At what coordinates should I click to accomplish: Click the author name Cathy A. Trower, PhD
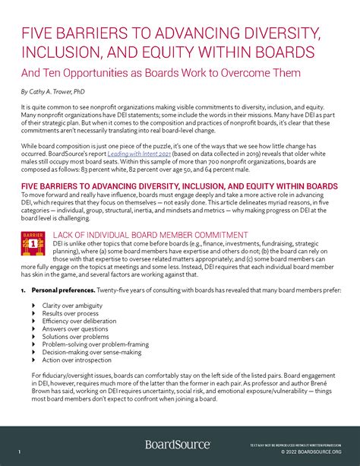click(x=54, y=91)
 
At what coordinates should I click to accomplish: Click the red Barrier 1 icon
click(x=33, y=241)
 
